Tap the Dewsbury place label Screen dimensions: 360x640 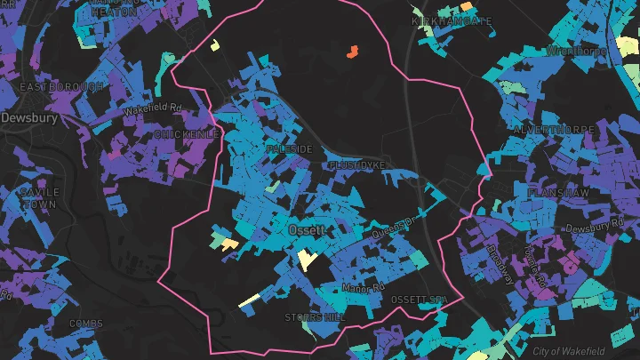pyautogui.click(x=28, y=117)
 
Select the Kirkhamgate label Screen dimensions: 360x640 pyautogui.click(x=452, y=20)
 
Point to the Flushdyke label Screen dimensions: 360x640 pyautogui.click(x=357, y=165)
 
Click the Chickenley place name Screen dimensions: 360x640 pyautogui.click(x=187, y=134)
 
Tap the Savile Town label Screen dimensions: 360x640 pyautogui.click(x=40, y=198)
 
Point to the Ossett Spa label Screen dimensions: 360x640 pyautogui.click(x=419, y=300)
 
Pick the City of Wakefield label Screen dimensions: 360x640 pyautogui.click(x=584, y=352)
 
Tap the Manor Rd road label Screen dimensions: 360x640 pyautogui.click(x=362, y=288)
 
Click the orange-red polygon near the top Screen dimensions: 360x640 pyautogui.click(x=351, y=52)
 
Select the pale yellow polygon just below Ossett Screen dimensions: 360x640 pyautogui.click(x=308, y=259)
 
